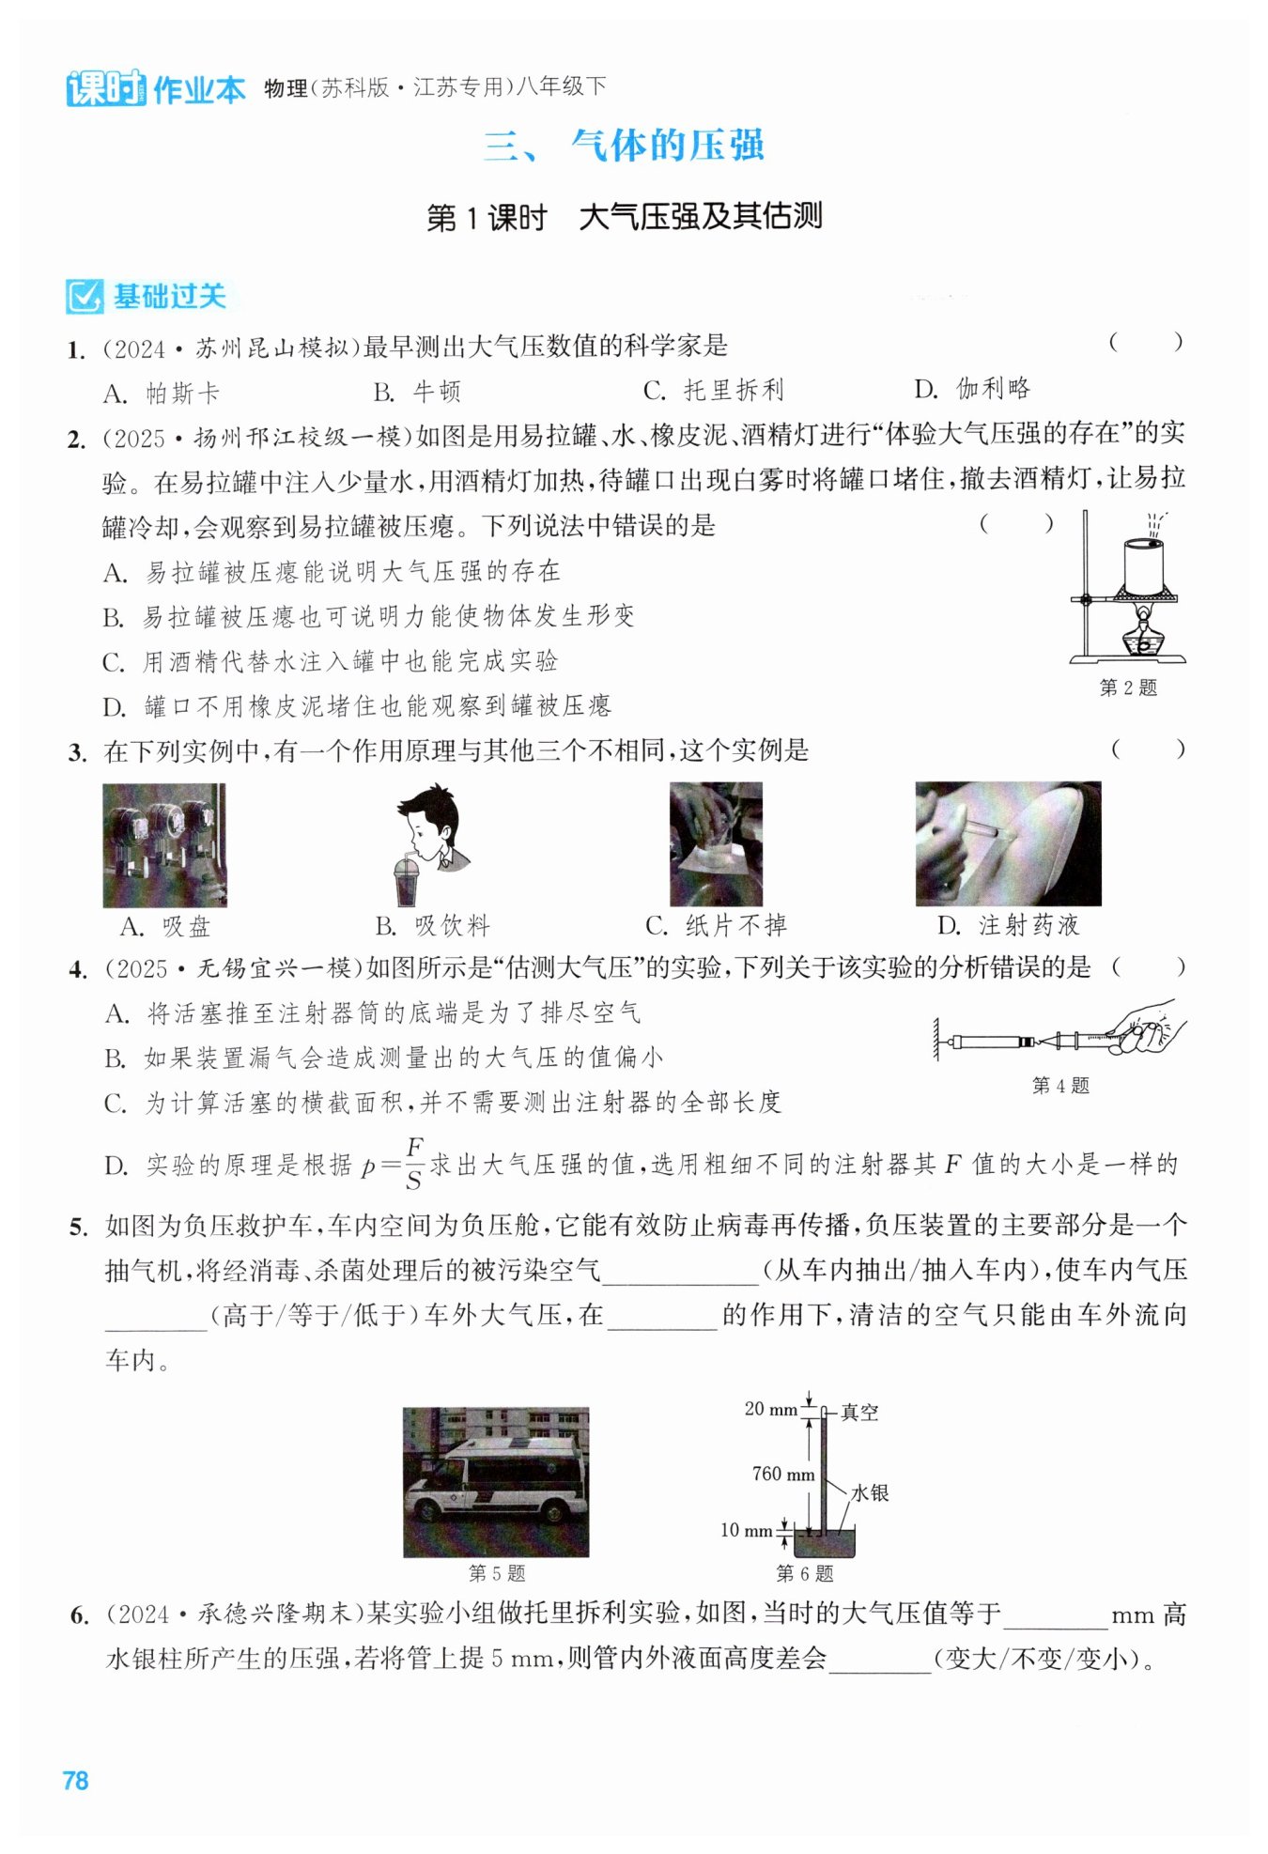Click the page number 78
pos(75,1781)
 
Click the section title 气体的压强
pos(668,146)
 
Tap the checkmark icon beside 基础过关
pos(85,297)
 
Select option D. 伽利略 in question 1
pos(972,389)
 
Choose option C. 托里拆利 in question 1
pos(714,390)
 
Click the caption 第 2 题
pos(1128,688)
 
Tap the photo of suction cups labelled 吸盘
pos(164,844)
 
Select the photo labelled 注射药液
pos(1008,843)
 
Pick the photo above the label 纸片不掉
pos(716,843)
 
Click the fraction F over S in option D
pos(414,1165)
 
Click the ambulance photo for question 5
pos(496,1481)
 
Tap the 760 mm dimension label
pos(782,1474)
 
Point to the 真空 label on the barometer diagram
pos(859,1412)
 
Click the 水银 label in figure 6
pos(870,1492)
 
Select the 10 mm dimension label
pos(746,1530)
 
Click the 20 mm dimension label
pos(770,1409)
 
